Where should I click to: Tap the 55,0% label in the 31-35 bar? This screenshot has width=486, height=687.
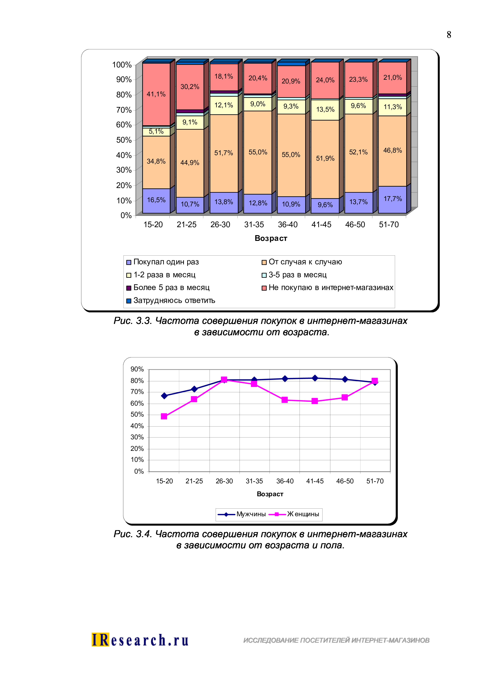pyautogui.click(x=258, y=152)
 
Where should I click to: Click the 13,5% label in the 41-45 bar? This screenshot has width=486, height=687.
pyautogui.click(x=325, y=109)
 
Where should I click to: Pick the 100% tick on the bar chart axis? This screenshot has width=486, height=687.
pyautogui.click(x=122, y=65)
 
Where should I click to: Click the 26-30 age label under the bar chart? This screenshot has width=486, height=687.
pyautogui.click(x=220, y=225)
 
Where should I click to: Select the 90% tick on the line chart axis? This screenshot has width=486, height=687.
pyautogui.click(x=137, y=370)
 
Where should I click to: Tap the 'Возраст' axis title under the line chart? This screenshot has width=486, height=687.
pyautogui.click(x=270, y=494)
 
